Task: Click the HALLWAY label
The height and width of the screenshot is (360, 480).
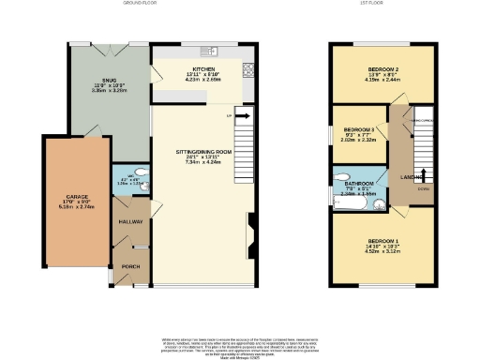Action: point(125,222)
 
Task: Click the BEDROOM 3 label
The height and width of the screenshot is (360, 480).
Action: point(359,129)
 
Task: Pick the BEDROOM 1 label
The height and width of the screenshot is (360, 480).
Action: point(382,241)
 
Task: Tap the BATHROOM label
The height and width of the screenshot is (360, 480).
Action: point(362,183)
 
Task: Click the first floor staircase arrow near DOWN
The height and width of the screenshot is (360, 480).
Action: point(424,174)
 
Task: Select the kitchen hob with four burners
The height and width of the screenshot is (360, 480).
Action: point(247,68)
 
